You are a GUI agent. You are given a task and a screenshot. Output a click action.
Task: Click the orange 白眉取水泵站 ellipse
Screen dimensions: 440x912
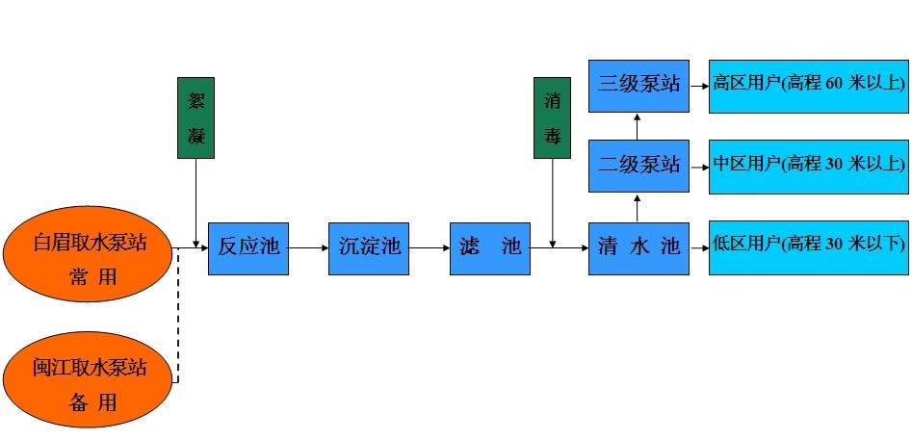point(91,246)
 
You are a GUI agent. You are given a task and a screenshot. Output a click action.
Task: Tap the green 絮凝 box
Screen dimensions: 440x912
point(195,117)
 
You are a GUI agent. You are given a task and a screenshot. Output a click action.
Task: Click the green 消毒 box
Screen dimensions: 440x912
point(553,117)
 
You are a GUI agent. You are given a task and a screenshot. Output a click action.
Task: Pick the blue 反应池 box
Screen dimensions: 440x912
point(248,247)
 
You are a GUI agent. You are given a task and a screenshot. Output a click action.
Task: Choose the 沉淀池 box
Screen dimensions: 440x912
point(369,247)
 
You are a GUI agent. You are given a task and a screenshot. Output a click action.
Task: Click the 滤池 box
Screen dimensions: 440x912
point(490,247)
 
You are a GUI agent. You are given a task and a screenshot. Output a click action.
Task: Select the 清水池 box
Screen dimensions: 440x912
point(638,247)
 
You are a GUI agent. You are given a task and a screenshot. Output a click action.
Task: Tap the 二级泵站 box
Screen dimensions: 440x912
point(638,165)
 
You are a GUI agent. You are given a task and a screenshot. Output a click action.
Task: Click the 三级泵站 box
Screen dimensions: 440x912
point(638,84)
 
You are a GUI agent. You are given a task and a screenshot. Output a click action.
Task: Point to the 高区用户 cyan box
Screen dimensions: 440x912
point(809,85)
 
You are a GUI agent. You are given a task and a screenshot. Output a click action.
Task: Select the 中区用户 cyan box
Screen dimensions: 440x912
point(809,165)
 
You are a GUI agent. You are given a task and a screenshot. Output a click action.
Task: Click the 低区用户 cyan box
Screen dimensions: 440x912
point(809,247)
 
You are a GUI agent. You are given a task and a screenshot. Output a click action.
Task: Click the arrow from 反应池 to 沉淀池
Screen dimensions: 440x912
point(308,247)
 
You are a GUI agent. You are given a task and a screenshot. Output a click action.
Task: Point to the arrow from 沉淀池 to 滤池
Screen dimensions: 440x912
point(430,247)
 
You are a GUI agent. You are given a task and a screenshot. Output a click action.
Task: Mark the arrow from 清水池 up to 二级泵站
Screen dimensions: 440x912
point(638,206)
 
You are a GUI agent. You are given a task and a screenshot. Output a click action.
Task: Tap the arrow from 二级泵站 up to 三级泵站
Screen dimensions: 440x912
point(638,124)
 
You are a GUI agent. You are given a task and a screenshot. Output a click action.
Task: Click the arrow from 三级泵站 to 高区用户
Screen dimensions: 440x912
point(699,85)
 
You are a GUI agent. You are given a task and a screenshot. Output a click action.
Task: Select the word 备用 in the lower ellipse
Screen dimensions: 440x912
point(92,402)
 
